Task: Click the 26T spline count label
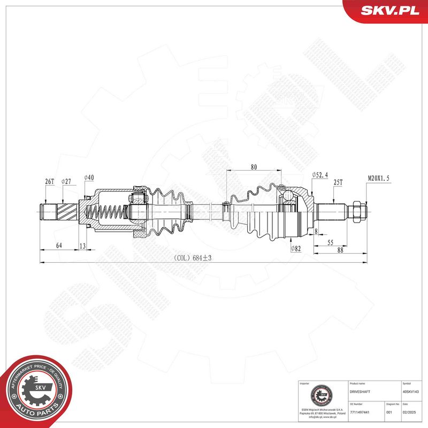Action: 49,182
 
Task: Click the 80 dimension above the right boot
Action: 254,167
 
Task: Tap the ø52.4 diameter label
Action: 319,175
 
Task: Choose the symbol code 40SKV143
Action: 411,392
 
